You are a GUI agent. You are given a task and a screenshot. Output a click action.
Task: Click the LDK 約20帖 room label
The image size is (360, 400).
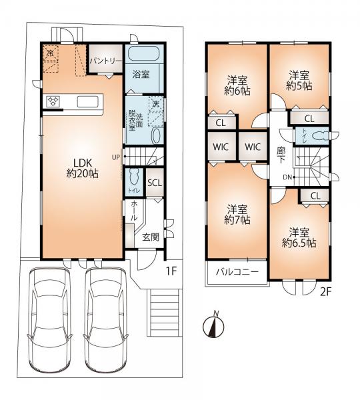(x=83, y=168)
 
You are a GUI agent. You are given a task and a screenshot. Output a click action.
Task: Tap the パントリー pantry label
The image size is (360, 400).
(x=106, y=61)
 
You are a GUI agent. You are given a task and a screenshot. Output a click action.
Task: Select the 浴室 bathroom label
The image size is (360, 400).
(x=141, y=74)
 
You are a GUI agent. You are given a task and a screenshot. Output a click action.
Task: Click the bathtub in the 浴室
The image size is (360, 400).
(x=143, y=53)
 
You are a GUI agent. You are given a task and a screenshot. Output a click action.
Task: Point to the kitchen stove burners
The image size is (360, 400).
(x=53, y=101)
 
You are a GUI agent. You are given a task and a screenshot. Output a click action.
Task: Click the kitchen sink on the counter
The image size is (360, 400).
(x=88, y=102)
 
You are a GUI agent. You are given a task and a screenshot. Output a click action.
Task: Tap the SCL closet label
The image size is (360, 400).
(x=155, y=183)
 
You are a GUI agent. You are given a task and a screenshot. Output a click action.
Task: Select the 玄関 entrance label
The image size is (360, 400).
(x=151, y=237)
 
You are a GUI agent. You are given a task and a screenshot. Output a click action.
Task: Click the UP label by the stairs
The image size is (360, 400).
(x=115, y=157)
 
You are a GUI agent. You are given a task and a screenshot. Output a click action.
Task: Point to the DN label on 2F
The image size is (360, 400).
(x=287, y=177)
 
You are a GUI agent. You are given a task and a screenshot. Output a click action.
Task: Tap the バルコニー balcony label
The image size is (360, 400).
(x=237, y=272)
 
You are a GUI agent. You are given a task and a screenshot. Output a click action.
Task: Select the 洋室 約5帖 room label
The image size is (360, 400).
(x=299, y=81)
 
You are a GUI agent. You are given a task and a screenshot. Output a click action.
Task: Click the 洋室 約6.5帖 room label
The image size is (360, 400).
(x=299, y=238)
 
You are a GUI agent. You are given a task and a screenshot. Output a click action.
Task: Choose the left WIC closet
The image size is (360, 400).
(x=221, y=147)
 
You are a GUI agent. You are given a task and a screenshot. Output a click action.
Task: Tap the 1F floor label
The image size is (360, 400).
(x=171, y=271)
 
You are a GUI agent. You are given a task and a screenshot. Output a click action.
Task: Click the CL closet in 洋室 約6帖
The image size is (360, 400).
(x=221, y=123)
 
